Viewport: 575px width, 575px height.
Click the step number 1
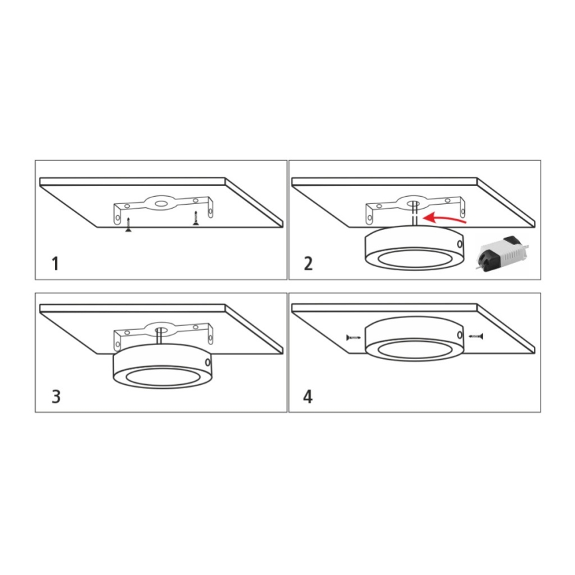click(x=56, y=264)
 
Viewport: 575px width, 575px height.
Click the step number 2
click(x=308, y=264)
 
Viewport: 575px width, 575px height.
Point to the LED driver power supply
click(x=502, y=252)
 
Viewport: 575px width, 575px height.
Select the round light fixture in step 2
click(x=413, y=248)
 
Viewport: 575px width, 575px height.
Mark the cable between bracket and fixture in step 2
click(x=413, y=217)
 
